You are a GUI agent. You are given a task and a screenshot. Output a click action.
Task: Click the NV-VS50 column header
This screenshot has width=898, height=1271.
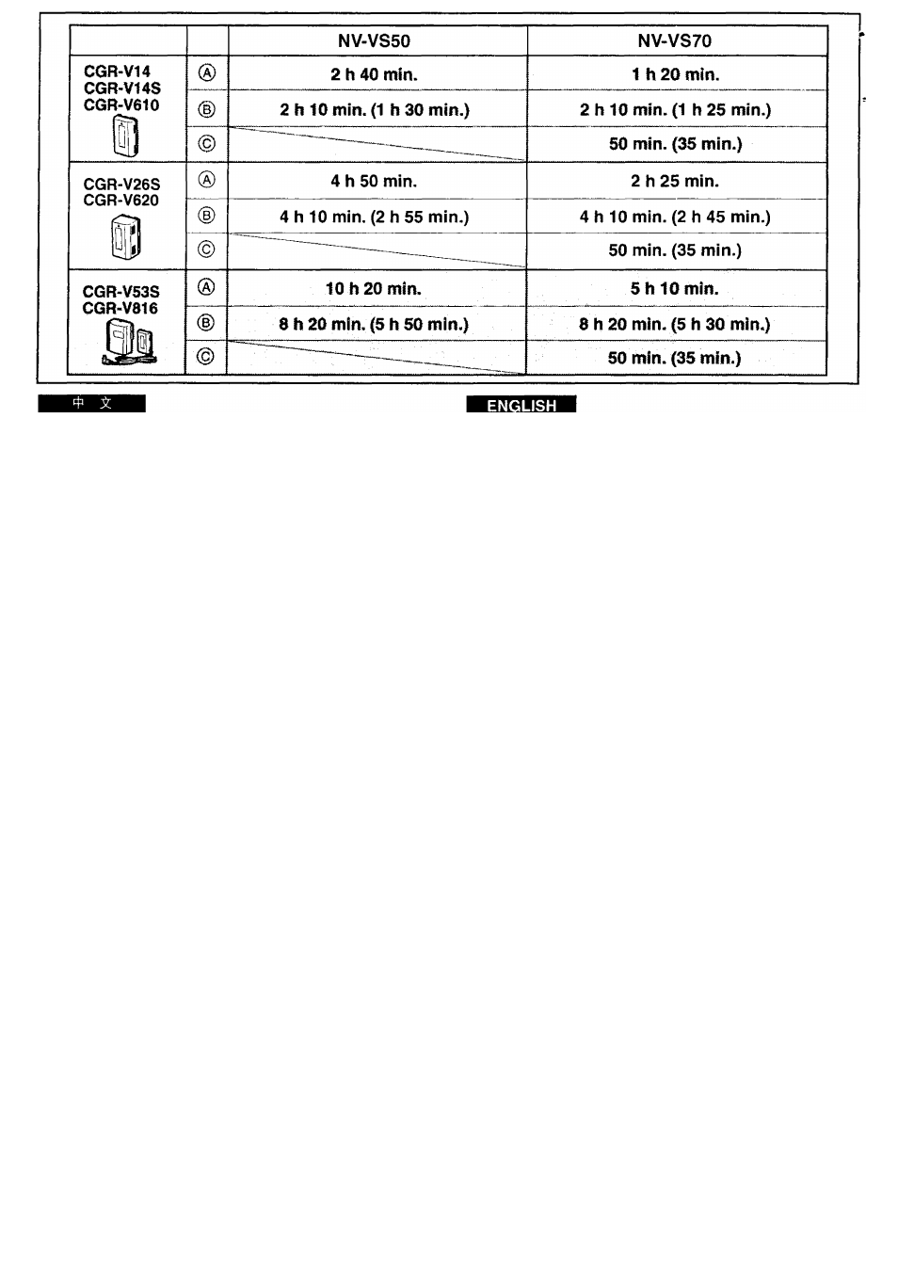[374, 40]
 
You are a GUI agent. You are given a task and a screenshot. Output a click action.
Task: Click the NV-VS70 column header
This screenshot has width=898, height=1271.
[675, 40]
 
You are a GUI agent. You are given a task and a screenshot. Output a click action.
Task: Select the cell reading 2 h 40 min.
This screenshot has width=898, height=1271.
[374, 74]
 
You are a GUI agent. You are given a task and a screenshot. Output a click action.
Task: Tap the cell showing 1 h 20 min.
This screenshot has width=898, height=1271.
[675, 74]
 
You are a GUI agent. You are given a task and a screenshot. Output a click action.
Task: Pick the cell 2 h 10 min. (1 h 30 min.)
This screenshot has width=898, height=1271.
[375, 109]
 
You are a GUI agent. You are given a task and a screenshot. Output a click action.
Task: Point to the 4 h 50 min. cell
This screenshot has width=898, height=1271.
[374, 181]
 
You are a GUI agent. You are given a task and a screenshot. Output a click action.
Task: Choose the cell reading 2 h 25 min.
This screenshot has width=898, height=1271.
[675, 181]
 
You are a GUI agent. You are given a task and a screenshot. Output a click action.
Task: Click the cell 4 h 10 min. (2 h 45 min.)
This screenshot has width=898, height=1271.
[675, 217]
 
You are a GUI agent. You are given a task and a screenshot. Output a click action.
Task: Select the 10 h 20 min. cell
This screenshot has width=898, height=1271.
[374, 289]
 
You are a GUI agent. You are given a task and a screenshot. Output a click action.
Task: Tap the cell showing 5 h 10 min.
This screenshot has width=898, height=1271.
[675, 289]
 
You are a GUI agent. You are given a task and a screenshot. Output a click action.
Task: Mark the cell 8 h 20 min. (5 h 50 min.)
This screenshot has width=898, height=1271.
[374, 324]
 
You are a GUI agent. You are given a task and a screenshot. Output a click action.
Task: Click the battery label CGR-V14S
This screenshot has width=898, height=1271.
[122, 88]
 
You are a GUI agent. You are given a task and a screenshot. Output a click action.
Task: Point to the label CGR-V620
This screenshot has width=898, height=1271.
[120, 201]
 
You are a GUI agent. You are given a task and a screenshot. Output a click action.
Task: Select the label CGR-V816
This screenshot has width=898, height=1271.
[120, 308]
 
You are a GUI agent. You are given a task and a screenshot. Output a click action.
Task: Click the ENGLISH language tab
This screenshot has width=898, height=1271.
[521, 404]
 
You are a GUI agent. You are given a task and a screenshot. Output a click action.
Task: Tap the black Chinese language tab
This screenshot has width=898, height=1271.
[92, 404]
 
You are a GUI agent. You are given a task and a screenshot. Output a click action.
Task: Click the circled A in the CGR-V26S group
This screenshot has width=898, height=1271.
[206, 180]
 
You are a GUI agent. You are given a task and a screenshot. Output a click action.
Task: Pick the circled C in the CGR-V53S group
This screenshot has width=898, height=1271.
[205, 356]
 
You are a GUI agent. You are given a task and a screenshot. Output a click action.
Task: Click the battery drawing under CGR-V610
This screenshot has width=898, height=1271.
[125, 135]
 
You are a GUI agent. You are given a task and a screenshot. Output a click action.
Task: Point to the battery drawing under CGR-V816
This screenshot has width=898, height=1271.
[129, 341]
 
